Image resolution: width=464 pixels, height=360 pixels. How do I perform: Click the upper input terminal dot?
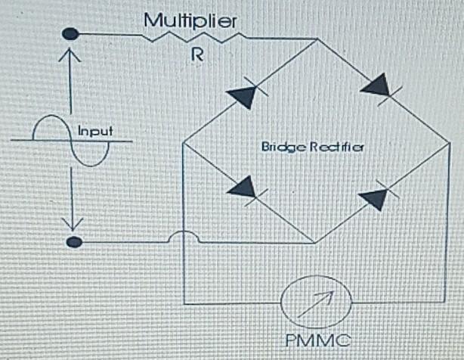70,34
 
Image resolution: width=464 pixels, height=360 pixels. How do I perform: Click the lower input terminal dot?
74,242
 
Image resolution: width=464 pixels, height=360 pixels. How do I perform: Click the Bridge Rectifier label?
313,145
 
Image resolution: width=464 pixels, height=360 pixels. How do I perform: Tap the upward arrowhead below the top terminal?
70,54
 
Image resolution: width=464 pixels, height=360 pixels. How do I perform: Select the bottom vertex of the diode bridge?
315,243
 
